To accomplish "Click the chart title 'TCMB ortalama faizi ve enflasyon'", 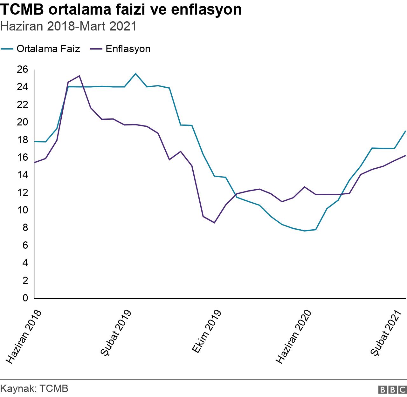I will tap(121, 10).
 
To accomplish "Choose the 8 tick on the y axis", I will tap(26, 228).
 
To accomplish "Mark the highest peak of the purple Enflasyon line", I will tap(79, 76).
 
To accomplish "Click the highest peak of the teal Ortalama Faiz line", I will tap(136, 74).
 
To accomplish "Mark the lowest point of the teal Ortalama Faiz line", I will tap(305, 231).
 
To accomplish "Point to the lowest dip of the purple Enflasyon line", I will tap(214, 223).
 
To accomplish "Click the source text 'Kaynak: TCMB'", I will tap(34, 388).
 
